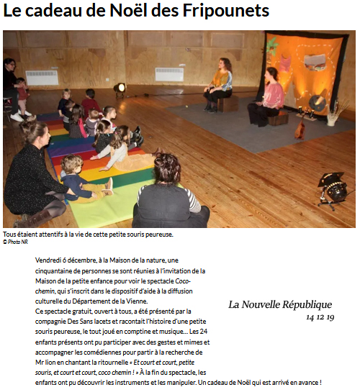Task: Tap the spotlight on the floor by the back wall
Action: coord(120,88)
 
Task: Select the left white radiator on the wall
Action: coord(42,77)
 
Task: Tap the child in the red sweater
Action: coord(90,104)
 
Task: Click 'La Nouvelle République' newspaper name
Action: coord(280,304)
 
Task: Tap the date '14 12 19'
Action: coord(320,317)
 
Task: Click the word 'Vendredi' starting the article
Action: coord(49,260)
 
